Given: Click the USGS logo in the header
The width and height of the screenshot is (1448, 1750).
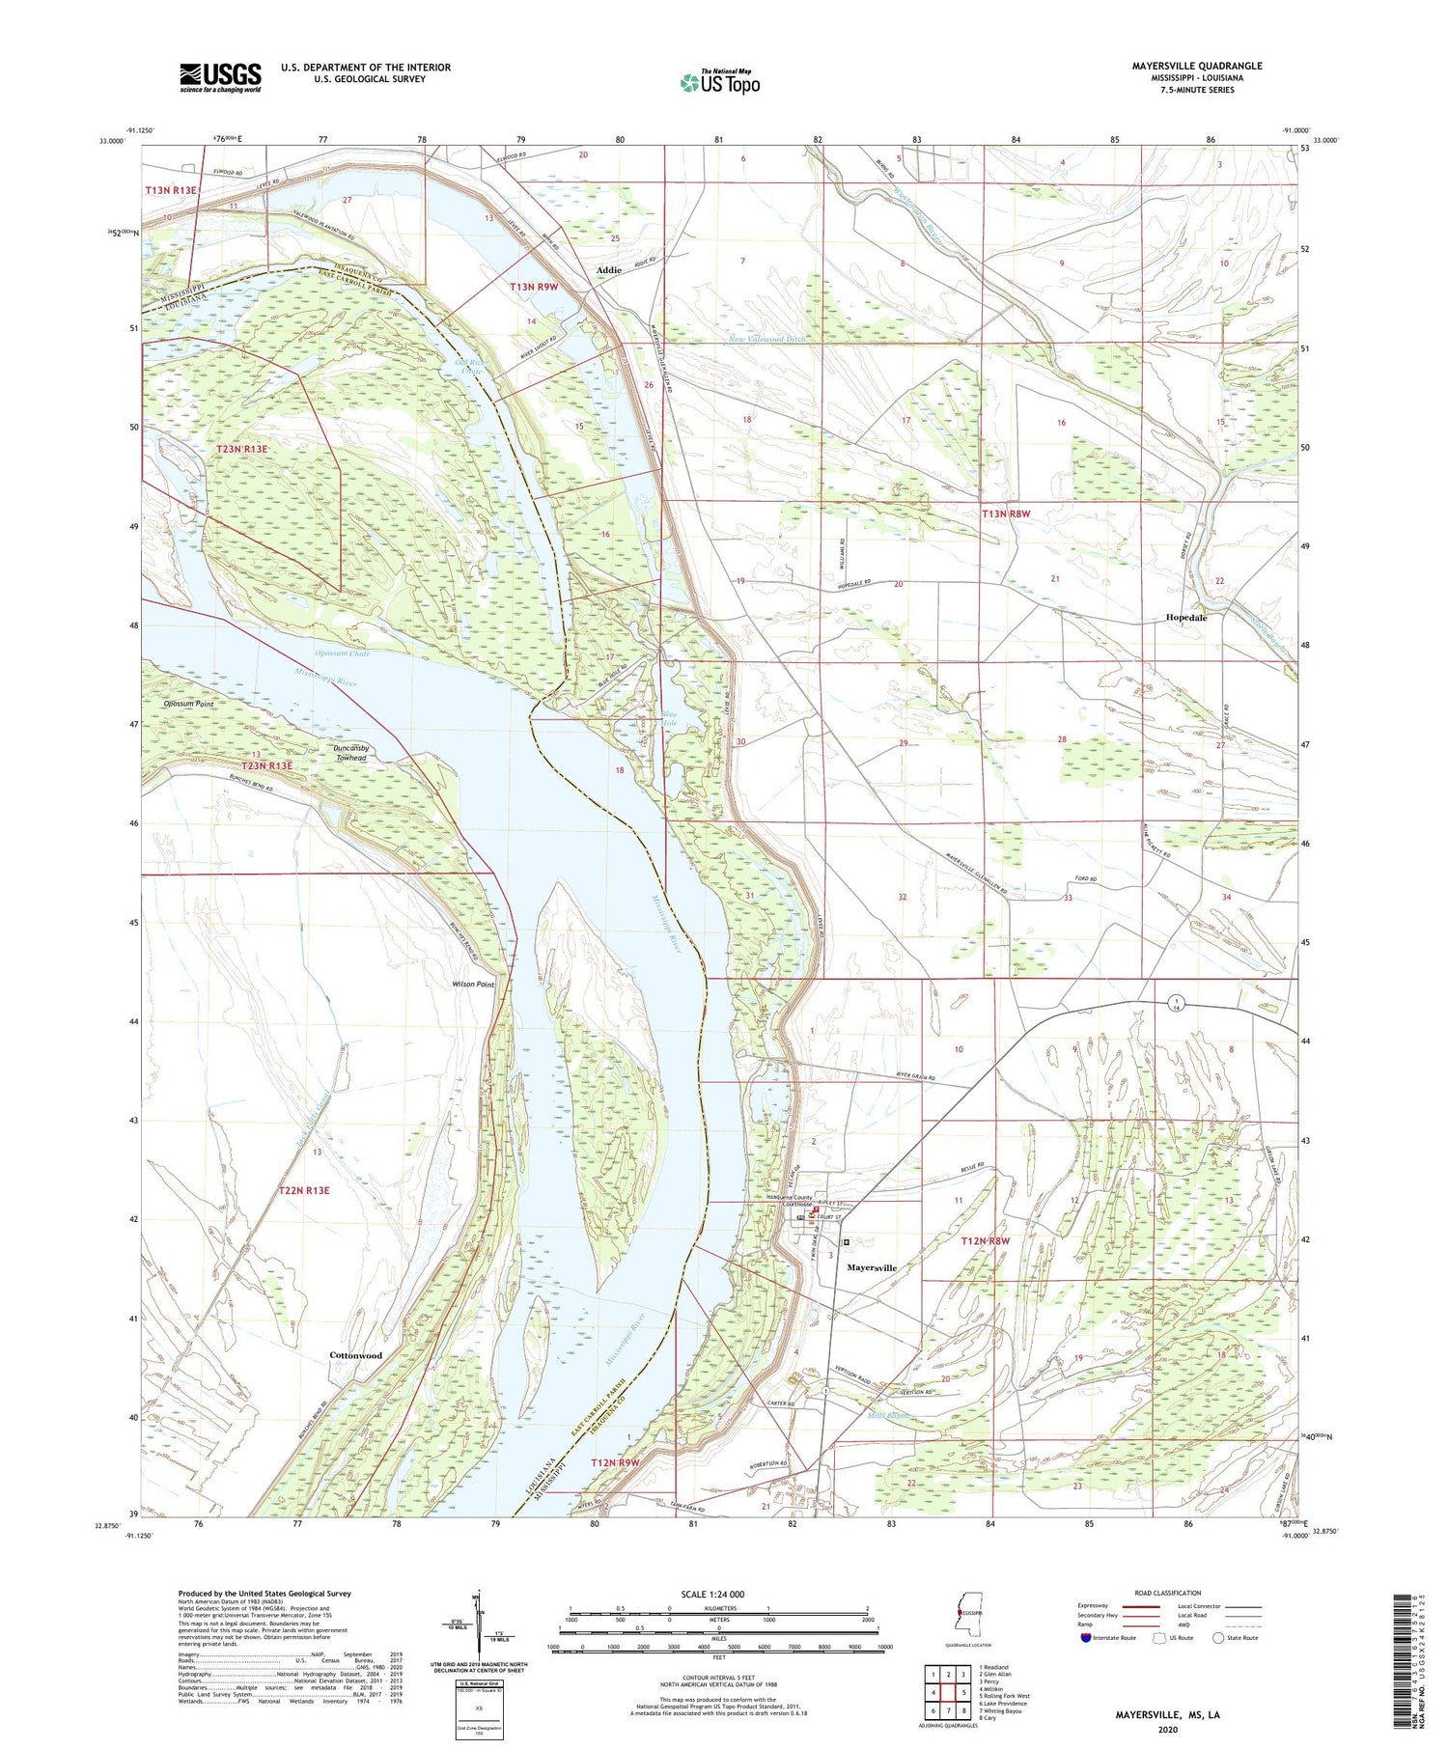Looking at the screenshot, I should [x=220, y=77].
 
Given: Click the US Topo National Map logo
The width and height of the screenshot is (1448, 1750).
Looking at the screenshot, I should [x=720, y=82].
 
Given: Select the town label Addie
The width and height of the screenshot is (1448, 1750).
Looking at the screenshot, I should [x=608, y=270].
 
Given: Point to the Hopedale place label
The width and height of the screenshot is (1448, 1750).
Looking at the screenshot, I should [x=1186, y=617].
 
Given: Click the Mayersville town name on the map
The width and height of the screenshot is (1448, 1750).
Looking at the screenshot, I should [x=872, y=1267].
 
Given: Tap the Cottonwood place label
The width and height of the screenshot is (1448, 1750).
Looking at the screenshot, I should [x=355, y=1355].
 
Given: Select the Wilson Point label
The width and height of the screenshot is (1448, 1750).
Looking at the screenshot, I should [x=473, y=985].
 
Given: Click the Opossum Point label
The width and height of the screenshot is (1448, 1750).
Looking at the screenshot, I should [x=188, y=704].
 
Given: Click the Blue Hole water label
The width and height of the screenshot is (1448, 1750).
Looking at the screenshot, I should [x=668, y=718].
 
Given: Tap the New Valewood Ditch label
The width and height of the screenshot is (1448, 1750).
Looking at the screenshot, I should [x=767, y=339].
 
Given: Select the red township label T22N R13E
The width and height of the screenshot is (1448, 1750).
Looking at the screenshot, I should [x=304, y=1190].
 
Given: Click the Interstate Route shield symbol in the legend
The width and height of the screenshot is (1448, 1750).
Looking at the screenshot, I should [x=1086, y=1638].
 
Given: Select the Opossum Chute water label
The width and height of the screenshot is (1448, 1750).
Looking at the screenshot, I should [x=346, y=653].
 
